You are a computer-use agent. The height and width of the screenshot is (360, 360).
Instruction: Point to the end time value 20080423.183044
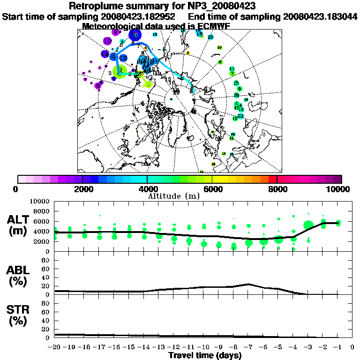click(x=320, y=16)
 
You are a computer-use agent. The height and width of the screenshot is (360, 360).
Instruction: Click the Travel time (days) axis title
click(x=205, y=355)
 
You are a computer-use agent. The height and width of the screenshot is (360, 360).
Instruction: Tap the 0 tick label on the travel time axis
click(x=352, y=347)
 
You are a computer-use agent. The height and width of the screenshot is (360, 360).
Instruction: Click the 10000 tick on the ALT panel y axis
click(x=39, y=201)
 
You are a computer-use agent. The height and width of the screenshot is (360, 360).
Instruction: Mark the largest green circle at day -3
click(x=308, y=225)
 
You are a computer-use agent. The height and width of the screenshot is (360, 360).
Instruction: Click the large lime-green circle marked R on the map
click(x=120, y=71)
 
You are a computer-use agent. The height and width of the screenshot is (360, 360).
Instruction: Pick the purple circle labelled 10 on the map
click(x=107, y=41)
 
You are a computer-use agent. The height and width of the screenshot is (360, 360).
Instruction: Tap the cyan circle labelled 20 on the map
click(x=210, y=37)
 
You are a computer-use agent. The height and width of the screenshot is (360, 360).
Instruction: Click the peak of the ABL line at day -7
click(x=248, y=284)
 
